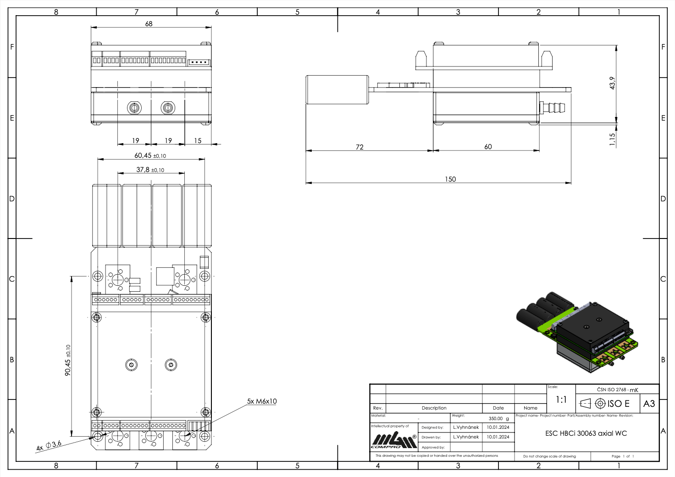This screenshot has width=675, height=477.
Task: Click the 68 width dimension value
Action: coord(149,23)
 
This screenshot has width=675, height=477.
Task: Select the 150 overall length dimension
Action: coord(450,179)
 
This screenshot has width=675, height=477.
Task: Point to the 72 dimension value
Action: coord(360,147)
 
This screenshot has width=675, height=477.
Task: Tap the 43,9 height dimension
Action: coord(612,83)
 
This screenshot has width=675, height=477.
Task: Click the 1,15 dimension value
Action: coord(612,139)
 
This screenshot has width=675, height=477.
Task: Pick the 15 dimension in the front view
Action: coord(198,141)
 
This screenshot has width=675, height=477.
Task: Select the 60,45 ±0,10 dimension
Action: coord(150,155)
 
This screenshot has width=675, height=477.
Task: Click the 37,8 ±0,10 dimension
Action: coord(150,170)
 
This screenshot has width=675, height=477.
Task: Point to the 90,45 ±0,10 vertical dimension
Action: coord(68,360)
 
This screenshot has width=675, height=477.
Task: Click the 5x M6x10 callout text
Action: coord(261,401)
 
